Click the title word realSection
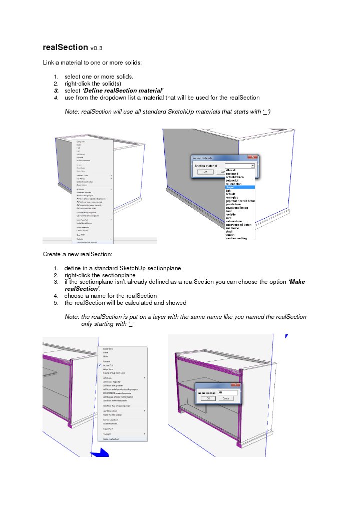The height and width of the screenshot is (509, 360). coord(66,48)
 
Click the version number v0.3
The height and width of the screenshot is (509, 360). coord(97,49)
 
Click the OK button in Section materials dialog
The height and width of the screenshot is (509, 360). coord(205,171)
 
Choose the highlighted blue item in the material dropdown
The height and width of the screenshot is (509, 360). coord(240,187)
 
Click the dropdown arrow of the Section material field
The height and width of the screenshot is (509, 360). coord(253,165)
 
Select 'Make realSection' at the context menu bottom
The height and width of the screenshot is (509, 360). coord(111,439)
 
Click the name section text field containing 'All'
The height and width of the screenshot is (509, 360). coord(226,392)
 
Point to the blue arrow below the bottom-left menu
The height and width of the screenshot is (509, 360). coord(102,452)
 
